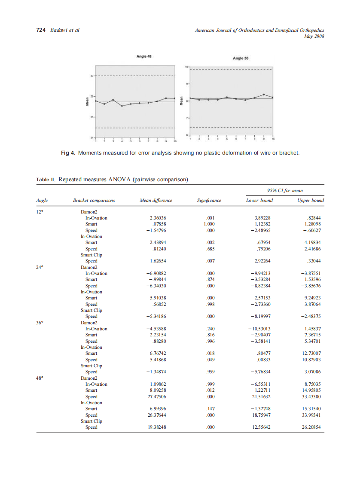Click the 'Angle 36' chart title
point(241,58)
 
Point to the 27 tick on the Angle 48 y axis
point(92,76)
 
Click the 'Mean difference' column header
point(156,200)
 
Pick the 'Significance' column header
point(209,200)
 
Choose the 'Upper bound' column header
point(311,200)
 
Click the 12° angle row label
point(40,212)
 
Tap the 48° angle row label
point(40,378)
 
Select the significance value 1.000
point(209,224)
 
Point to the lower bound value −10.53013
point(259,329)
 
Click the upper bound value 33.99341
point(312,415)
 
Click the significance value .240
point(210,329)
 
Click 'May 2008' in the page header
point(314,36)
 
